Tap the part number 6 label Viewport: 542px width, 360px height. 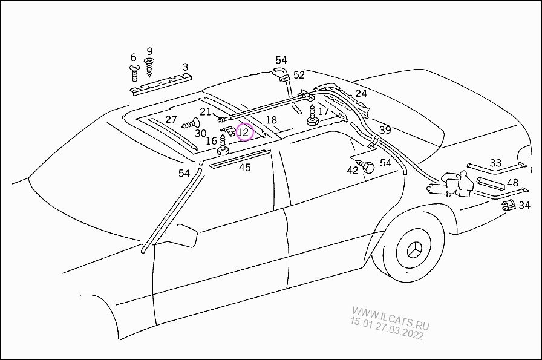(134, 57)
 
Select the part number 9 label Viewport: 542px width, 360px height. (149, 51)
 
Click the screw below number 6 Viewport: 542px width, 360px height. (134, 72)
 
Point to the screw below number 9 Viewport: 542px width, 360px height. (149, 67)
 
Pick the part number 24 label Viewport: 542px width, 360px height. (361, 94)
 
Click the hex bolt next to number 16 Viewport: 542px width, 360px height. (222, 145)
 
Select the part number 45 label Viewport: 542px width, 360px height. (245, 168)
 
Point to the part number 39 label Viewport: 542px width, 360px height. (385, 130)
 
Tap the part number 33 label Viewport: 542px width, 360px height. (495, 163)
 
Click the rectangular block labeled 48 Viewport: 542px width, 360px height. (490, 184)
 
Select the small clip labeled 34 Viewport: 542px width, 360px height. (509, 206)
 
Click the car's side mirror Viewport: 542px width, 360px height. (187, 235)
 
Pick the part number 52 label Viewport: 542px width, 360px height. (299, 75)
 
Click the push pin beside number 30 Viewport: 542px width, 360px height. (191, 123)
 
